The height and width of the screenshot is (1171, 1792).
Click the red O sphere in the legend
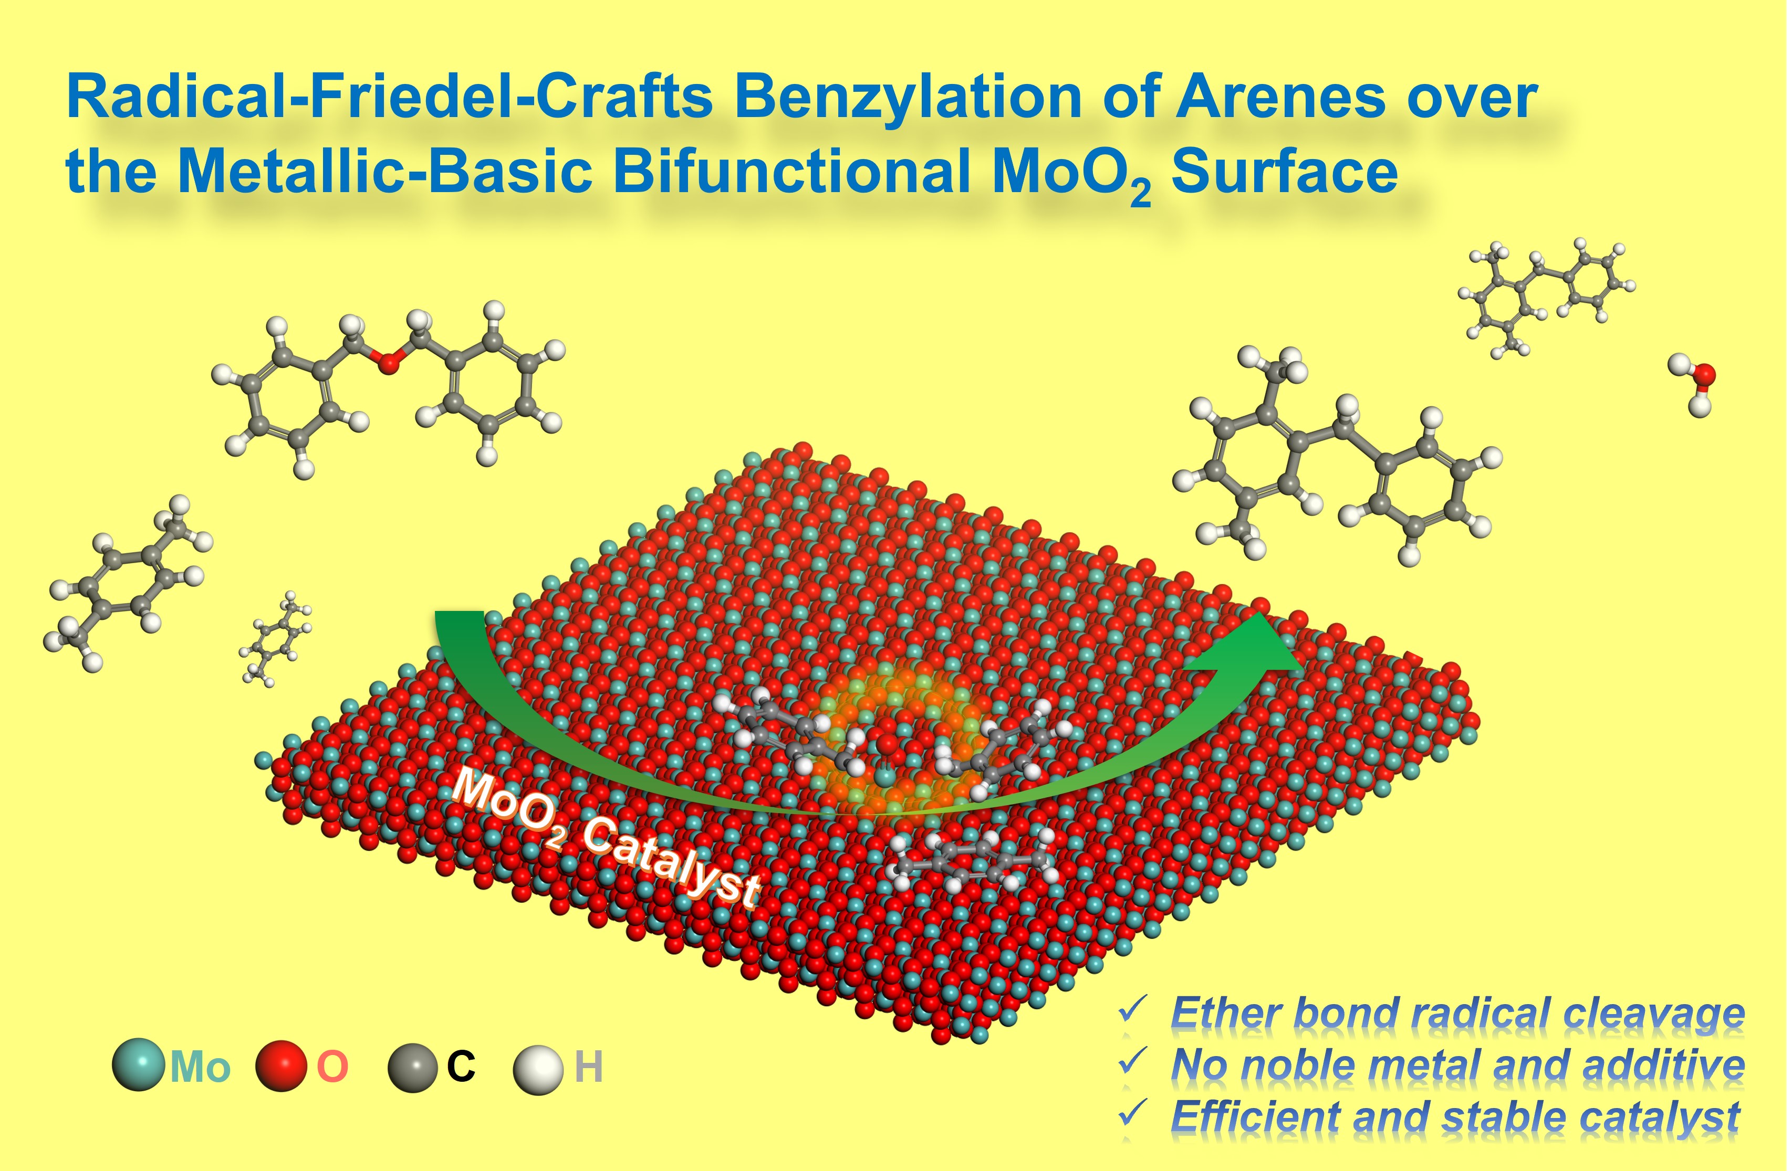282,1065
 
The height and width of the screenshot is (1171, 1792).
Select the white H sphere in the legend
538,1069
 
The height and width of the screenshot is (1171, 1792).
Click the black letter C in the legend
461,1067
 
